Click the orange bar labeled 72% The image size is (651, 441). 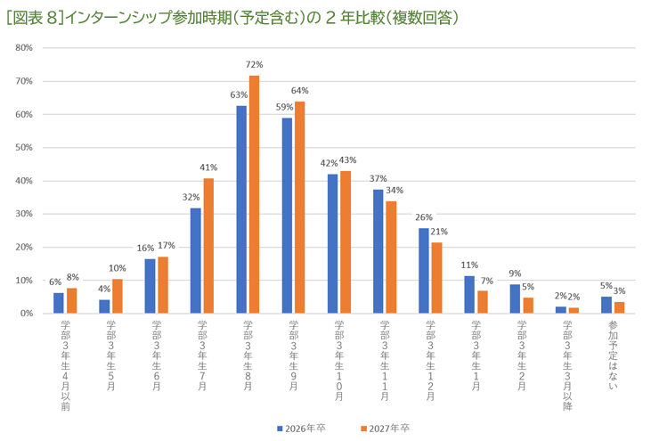tap(255, 194)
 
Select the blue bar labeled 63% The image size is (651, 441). tap(241, 209)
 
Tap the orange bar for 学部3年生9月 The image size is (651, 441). tap(300, 208)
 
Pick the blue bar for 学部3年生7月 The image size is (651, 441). tap(195, 260)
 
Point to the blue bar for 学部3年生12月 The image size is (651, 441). tap(424, 271)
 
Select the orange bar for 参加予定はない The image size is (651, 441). tap(620, 308)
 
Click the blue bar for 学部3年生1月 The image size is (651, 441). tap(469, 295)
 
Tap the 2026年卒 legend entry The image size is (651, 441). tap(303, 429)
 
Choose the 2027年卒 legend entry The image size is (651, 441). tap(386, 429)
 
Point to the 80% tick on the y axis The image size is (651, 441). tap(24, 48)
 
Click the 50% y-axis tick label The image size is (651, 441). tap(24, 148)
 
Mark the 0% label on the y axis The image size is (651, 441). tap(27, 314)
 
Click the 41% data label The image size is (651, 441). tap(209, 167)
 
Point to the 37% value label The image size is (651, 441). tap(378, 178)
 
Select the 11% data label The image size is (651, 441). tap(469, 265)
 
